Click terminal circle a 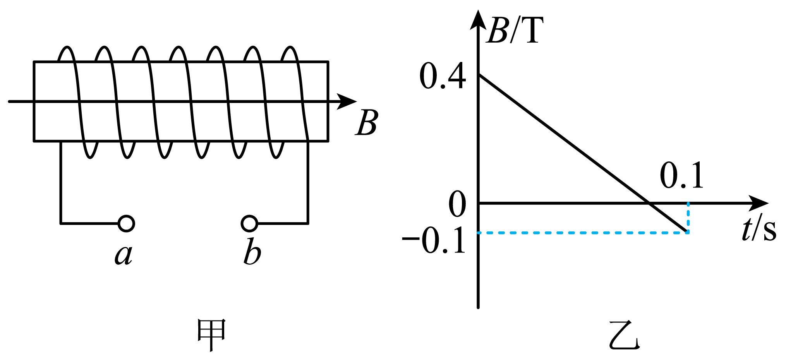pyautogui.click(x=126, y=223)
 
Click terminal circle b pyautogui.click(x=249, y=223)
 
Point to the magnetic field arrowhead pyautogui.click(x=347, y=101)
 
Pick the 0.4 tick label pyautogui.click(x=443, y=76)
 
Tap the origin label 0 pyautogui.click(x=457, y=204)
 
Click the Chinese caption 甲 pyautogui.click(x=211, y=335)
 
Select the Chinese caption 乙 pyautogui.click(x=624, y=335)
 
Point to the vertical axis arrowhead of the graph pyautogui.click(x=478, y=20)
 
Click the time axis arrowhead pyautogui.click(x=758, y=203)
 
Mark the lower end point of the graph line pyautogui.click(x=687, y=231)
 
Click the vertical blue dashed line pyautogui.click(x=688, y=217)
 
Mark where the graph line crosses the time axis pyautogui.click(x=649, y=203)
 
